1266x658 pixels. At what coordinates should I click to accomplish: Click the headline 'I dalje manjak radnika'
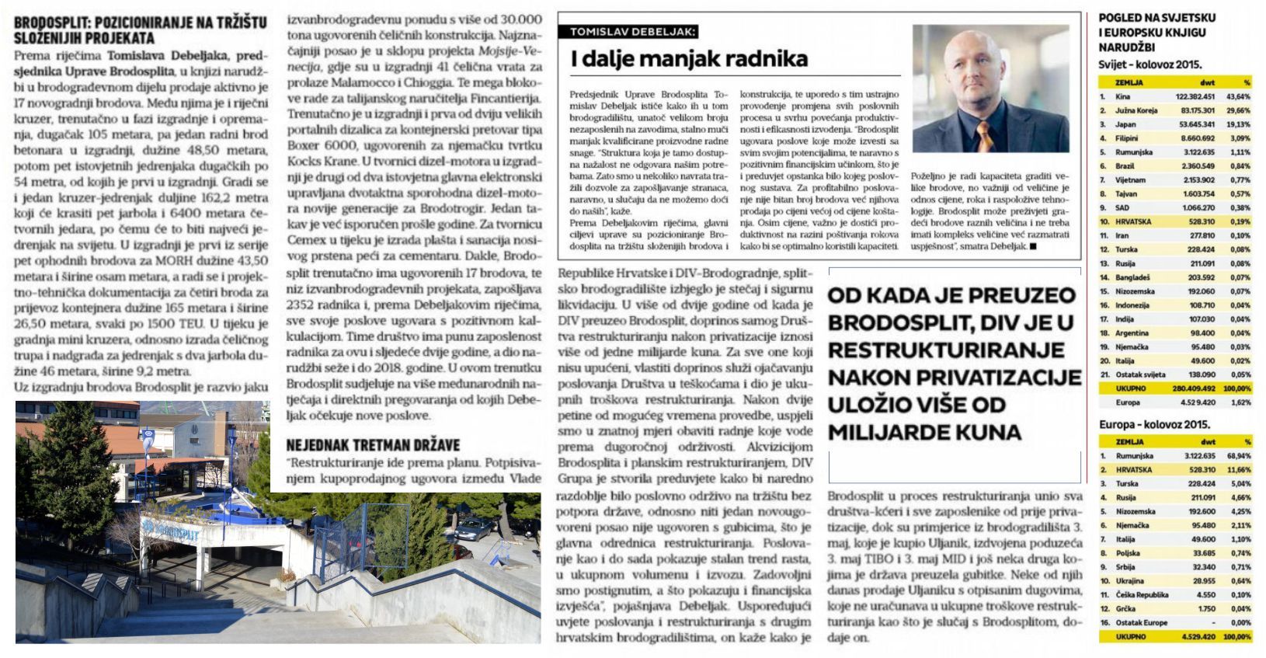coord(689,59)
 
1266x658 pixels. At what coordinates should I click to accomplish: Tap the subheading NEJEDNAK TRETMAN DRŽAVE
coord(373,445)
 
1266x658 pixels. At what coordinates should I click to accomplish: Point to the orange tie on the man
coord(984,136)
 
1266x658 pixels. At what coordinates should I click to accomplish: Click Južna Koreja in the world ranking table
coord(1136,111)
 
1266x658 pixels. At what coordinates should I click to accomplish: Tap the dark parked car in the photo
coord(472,530)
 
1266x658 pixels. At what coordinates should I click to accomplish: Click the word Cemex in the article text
coord(308,240)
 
